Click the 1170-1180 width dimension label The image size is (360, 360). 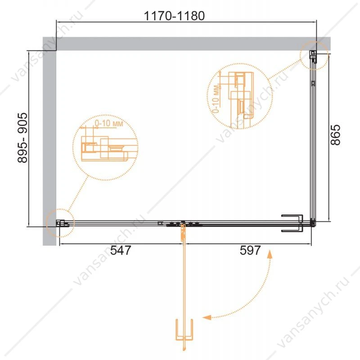pyautogui.click(x=174, y=16)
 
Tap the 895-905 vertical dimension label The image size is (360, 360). pyautogui.click(x=22, y=138)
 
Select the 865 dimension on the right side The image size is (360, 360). pyautogui.click(x=335, y=135)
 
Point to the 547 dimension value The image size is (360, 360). pyautogui.click(x=121, y=250)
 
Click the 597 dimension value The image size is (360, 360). pyautogui.click(x=250, y=250)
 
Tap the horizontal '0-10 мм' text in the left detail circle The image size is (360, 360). pyautogui.click(x=109, y=123)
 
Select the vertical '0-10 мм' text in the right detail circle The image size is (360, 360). pyautogui.click(x=216, y=99)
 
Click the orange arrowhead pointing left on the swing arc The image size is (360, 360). pyautogui.click(x=207, y=317)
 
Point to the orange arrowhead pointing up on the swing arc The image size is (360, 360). pyautogui.click(x=270, y=254)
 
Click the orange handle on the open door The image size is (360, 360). pyautogui.click(x=184, y=330)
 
